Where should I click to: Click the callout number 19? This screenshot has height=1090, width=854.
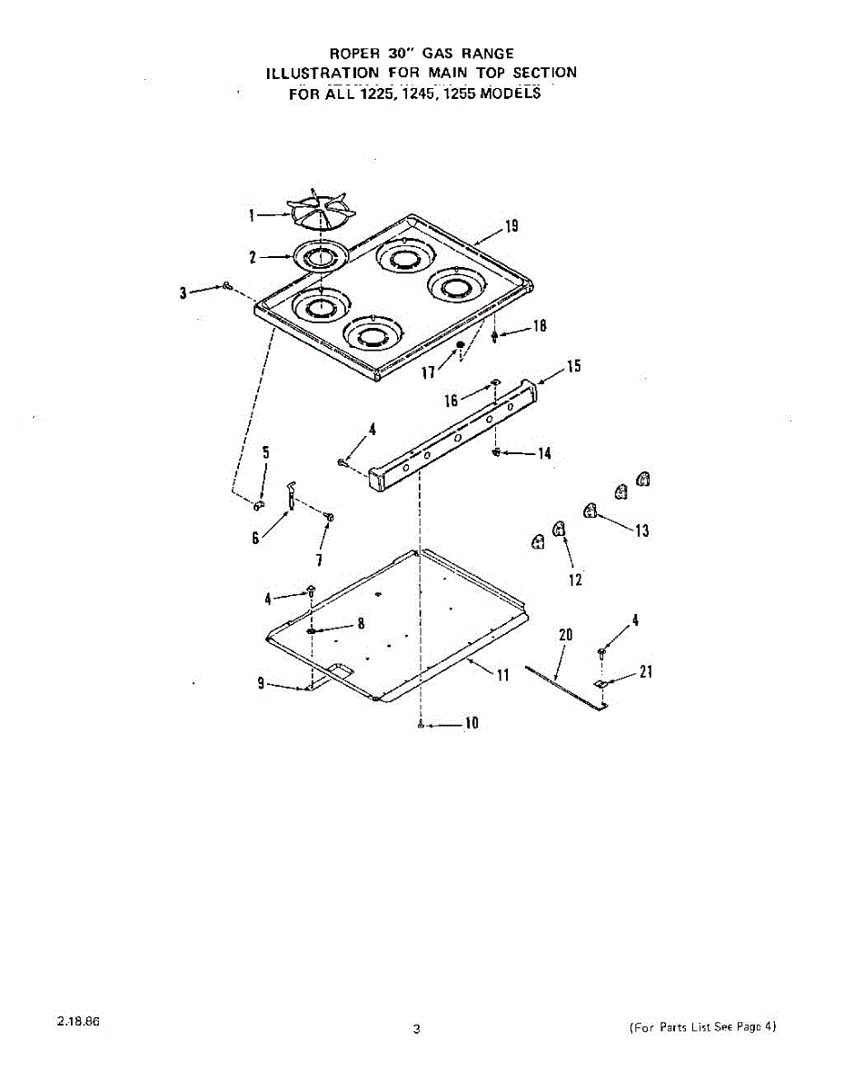pyautogui.click(x=512, y=226)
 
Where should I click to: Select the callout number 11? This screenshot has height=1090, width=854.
pyautogui.click(x=502, y=675)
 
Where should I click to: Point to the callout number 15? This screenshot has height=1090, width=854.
pyautogui.click(x=573, y=366)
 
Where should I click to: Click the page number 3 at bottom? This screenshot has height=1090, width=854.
pyautogui.click(x=416, y=1029)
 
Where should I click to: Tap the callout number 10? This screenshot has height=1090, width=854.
pyautogui.click(x=471, y=724)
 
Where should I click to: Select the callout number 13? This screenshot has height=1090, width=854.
pyautogui.click(x=642, y=530)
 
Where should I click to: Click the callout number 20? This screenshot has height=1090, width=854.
pyautogui.click(x=565, y=635)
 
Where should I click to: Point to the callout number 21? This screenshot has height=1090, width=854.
pyautogui.click(x=646, y=672)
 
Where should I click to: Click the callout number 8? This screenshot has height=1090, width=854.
pyautogui.click(x=361, y=623)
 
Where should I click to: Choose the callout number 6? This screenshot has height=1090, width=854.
pyautogui.click(x=255, y=539)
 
